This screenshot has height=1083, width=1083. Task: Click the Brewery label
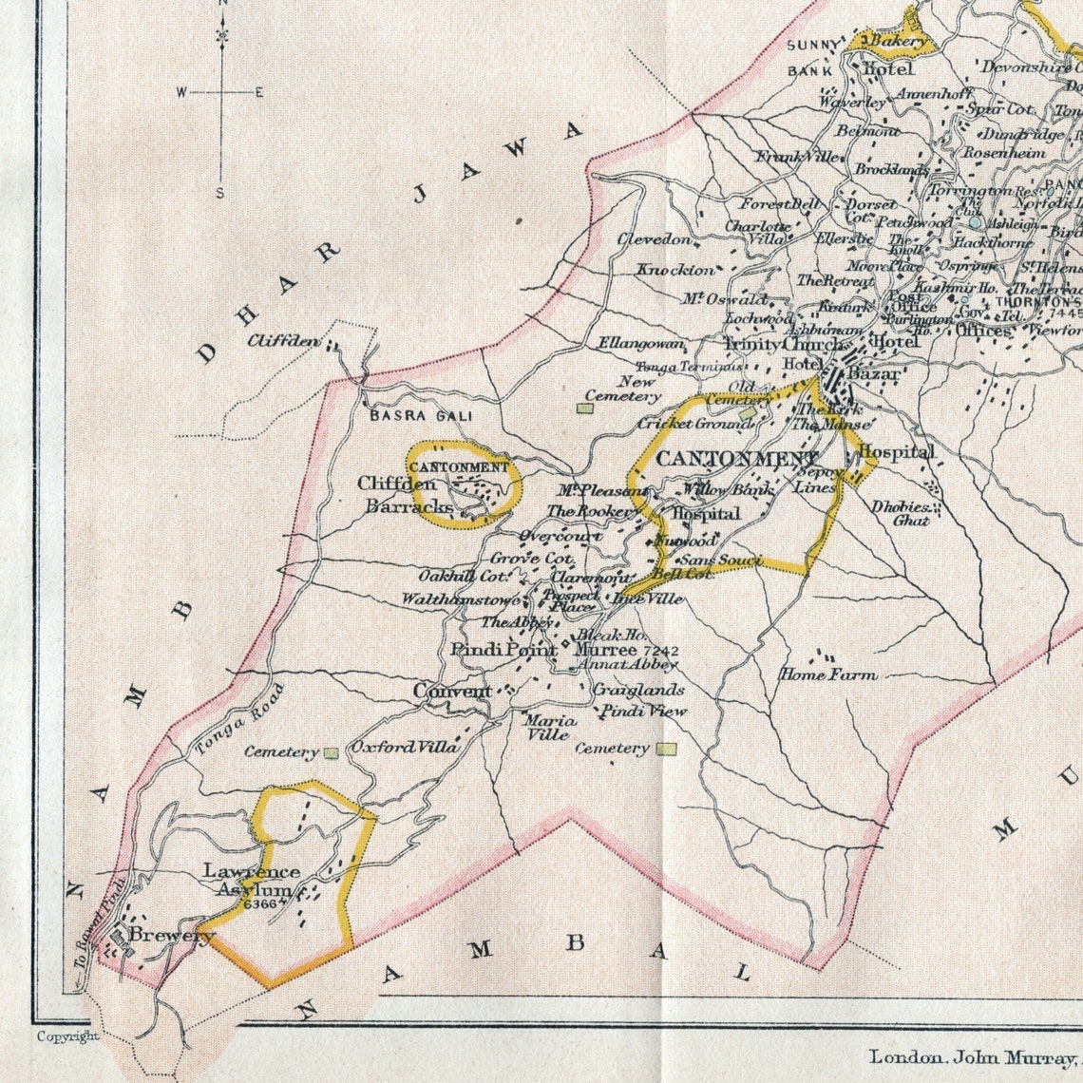pos(172,936)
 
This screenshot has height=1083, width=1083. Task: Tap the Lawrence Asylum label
pos(252,881)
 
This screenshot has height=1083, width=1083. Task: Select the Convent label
pos(452,693)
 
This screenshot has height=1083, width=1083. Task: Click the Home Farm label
pos(828,674)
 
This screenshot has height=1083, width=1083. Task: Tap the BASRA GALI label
pos(420,416)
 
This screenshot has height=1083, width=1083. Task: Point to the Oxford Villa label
pos(406,748)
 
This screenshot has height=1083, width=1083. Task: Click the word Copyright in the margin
pos(67,1036)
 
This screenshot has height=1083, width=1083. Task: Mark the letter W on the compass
pos(180,92)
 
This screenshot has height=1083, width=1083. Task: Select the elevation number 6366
pos(259,904)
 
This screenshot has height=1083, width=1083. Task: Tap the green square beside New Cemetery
pos(585,408)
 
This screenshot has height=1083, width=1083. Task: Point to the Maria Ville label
pos(548,727)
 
